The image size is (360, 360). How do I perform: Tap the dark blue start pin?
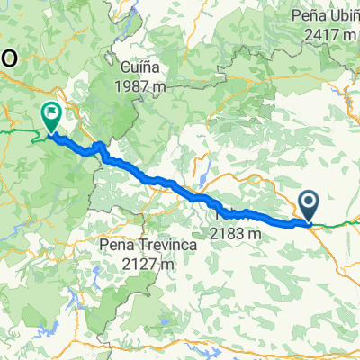point(310,206)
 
